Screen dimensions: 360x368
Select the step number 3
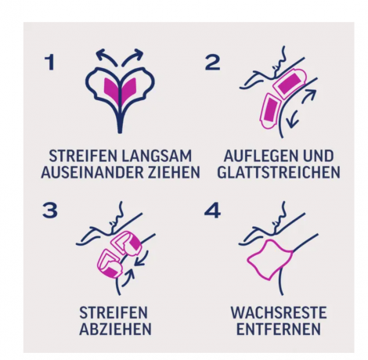(x=49, y=211)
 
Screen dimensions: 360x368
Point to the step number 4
(x=212, y=211)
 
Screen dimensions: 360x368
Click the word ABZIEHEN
(x=115, y=329)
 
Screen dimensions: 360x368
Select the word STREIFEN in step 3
(x=115, y=311)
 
